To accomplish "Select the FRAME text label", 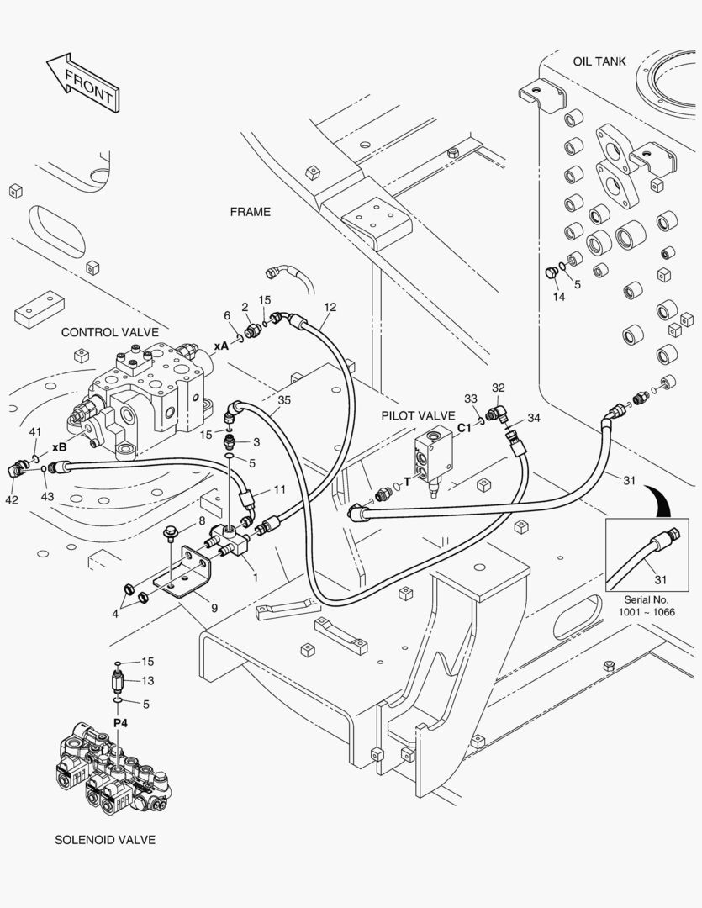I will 251,212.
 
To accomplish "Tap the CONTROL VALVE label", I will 109,332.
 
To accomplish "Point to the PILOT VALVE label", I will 418,415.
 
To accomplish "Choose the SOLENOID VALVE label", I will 105,839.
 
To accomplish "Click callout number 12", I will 330,307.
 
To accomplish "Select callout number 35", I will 284,400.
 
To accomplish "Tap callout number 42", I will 12,500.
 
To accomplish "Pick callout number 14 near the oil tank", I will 559,297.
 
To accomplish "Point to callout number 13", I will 148,681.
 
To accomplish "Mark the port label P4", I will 120,722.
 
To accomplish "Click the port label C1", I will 464,427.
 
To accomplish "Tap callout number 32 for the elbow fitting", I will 499,388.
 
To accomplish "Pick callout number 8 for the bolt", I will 202,521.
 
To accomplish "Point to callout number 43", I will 47,497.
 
